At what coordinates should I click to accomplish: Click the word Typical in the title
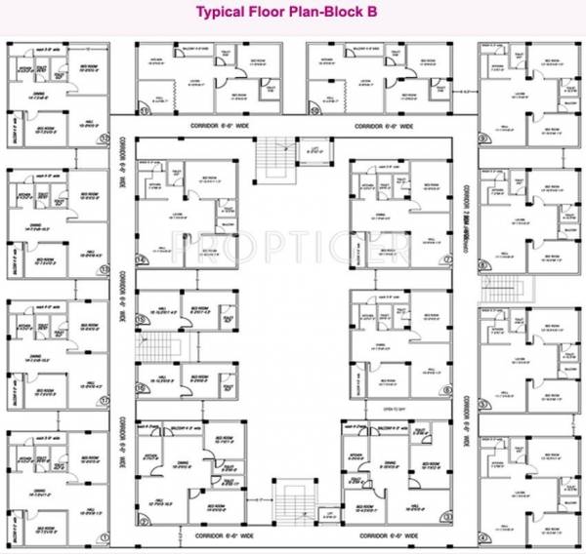(224, 13)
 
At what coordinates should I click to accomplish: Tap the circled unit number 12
(103, 137)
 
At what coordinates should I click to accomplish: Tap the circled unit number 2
(143, 521)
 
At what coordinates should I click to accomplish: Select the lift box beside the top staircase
(313, 151)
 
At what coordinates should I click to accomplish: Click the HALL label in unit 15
(156, 314)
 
